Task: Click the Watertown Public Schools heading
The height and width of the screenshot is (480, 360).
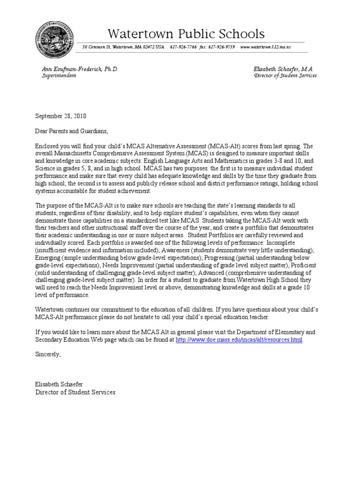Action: (x=186, y=34)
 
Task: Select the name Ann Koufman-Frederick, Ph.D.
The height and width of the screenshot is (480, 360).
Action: (x=80, y=69)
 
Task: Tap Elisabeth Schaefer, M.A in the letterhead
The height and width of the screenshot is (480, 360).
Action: (x=283, y=69)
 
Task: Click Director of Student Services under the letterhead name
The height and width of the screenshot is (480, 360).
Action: (x=285, y=75)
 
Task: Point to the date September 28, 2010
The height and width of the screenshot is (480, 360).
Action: (x=61, y=116)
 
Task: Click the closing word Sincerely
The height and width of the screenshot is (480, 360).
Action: (x=48, y=354)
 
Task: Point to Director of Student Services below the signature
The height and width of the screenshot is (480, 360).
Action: (x=75, y=392)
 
